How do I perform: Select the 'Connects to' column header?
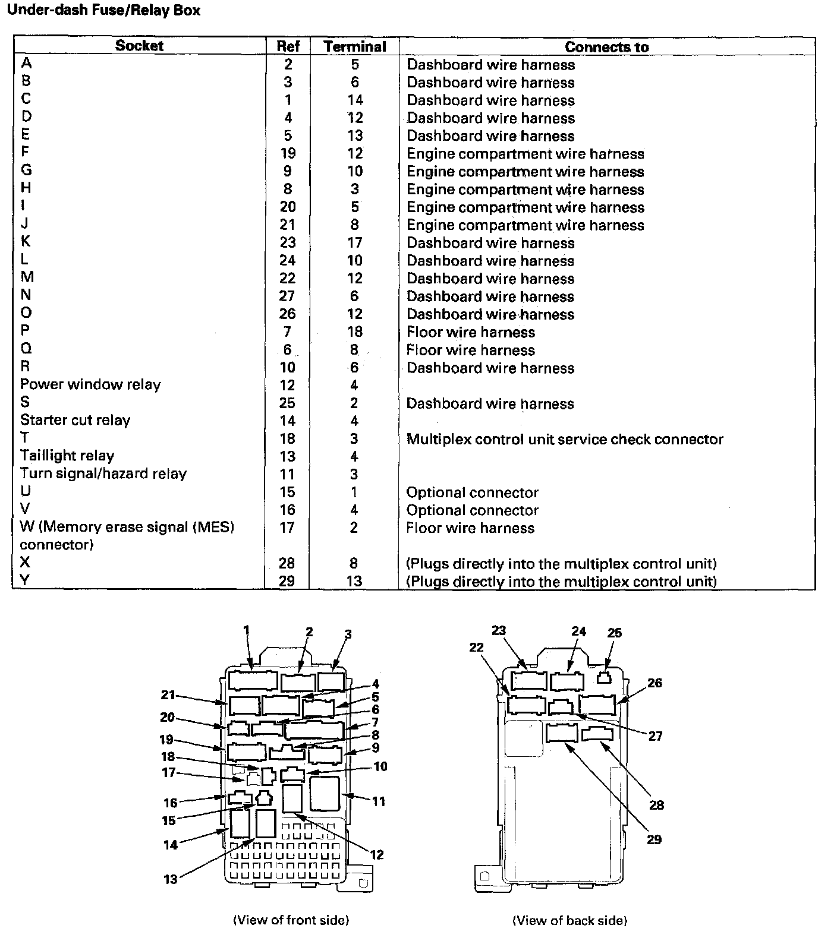click(x=606, y=46)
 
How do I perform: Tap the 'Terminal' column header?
click(x=355, y=46)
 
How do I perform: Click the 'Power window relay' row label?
click(x=90, y=384)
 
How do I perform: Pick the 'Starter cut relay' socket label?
click(x=75, y=420)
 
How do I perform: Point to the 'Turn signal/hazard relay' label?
click(x=103, y=473)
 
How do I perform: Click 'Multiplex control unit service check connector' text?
click(x=565, y=439)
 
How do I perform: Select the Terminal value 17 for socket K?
click(x=355, y=242)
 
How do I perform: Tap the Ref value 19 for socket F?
click(x=288, y=153)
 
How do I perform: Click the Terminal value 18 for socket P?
click(x=355, y=331)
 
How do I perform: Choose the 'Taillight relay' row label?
click(x=67, y=456)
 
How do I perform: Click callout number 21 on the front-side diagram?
click(x=168, y=694)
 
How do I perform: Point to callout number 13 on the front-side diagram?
click(x=171, y=879)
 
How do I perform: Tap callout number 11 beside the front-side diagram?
click(x=379, y=801)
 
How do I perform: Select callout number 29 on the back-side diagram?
click(x=654, y=839)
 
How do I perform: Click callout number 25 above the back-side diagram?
click(x=614, y=633)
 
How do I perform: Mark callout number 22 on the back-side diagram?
click(x=477, y=647)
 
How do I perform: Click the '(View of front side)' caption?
click(x=291, y=920)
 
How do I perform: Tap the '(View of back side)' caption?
click(x=569, y=921)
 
